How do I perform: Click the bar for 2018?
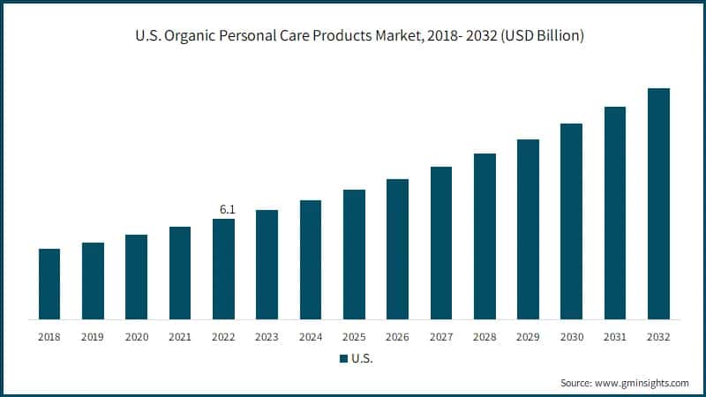point(49,284)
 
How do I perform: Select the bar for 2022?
point(224,269)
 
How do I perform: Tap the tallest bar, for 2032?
point(658,204)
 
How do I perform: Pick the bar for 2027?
point(441,243)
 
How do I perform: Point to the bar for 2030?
point(572,221)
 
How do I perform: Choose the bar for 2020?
point(137,277)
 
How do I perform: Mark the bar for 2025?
point(354,254)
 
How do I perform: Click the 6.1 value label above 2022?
point(227,209)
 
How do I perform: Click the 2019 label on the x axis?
point(93,336)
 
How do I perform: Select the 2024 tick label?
point(311,336)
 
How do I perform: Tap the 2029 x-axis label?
point(528,336)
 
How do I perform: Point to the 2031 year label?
point(615,336)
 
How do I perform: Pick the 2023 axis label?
point(267,336)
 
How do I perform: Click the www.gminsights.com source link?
point(642,383)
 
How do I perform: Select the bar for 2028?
point(484,236)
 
